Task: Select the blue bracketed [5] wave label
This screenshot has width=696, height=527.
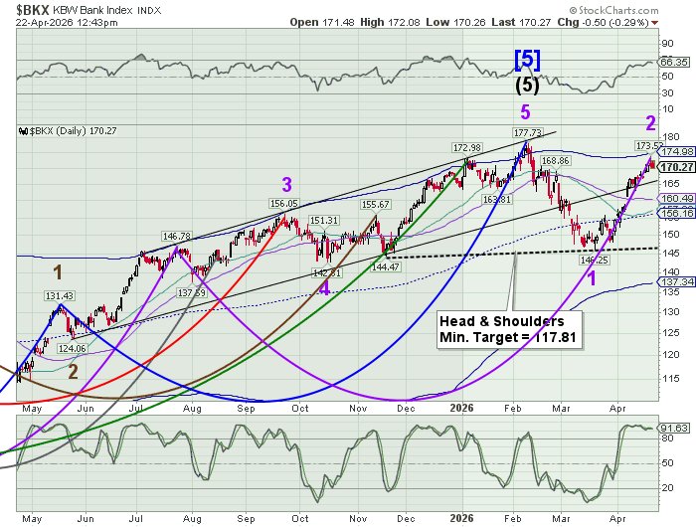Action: [x=527, y=60]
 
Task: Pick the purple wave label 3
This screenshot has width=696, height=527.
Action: [x=286, y=184]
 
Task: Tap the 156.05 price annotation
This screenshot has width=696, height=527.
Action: [x=284, y=203]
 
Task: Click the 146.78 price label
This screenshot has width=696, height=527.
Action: [x=175, y=236]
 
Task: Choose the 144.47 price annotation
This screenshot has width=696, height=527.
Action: [x=384, y=266]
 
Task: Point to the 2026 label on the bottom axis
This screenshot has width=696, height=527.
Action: [x=459, y=518]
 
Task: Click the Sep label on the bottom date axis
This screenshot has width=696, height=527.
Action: [x=243, y=518]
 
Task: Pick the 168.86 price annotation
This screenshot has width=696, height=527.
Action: [x=555, y=160]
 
